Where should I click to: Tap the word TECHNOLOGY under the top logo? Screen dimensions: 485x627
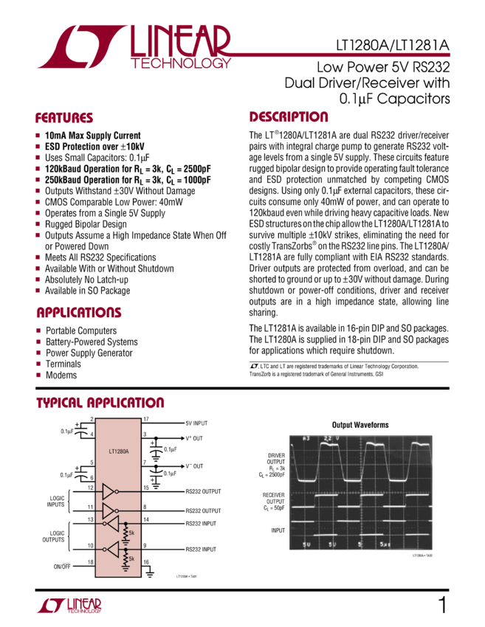tap(180, 63)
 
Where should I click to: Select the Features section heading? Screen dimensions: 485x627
tap(64, 118)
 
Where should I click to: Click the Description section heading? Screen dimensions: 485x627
tap(289, 117)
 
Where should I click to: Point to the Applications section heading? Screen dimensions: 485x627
tap(78, 313)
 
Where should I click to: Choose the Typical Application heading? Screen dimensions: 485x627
tap(100, 403)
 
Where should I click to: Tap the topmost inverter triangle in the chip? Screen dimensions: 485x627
tap(109, 491)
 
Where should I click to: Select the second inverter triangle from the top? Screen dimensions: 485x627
tap(109, 510)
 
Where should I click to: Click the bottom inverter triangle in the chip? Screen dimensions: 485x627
tap(112, 549)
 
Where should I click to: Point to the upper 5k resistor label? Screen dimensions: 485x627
tap(132, 533)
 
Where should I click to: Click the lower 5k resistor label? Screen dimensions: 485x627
tap(132, 559)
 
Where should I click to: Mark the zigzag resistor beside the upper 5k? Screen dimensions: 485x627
tap(125, 532)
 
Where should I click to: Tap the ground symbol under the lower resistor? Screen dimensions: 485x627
tap(125, 569)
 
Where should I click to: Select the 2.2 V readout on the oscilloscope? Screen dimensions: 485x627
tap(330, 440)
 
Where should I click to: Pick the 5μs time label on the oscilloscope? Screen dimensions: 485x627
tap(385, 544)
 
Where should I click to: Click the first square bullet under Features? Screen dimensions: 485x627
tap(38, 135)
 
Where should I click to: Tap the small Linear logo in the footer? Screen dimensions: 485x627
tap(69, 606)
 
